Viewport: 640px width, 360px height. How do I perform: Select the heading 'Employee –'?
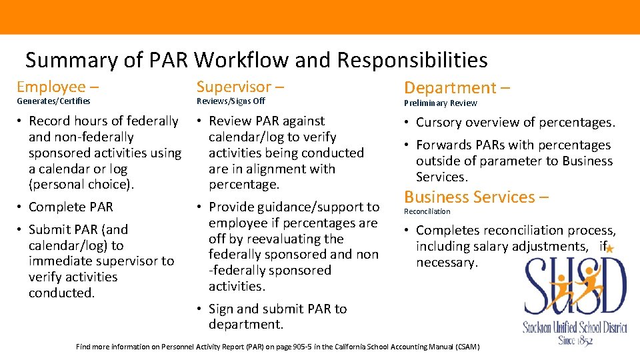point(58,87)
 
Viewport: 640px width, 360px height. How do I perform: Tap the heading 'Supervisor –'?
point(240,87)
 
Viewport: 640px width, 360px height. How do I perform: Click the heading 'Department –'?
point(457,87)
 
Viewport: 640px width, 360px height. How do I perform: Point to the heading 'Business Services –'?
point(477,197)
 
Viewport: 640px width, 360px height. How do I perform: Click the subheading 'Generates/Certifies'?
point(53,101)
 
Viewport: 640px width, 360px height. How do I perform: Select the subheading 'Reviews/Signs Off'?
point(231,101)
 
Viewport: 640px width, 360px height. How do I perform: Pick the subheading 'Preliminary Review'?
point(441,103)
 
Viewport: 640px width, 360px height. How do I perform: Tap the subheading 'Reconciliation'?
point(427,211)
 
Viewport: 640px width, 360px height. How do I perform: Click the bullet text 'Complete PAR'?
point(71,207)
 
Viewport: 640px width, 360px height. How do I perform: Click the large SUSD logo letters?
point(575,288)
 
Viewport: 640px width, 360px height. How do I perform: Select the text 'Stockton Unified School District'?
point(575,327)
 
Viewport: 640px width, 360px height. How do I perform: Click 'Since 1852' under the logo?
point(575,340)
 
